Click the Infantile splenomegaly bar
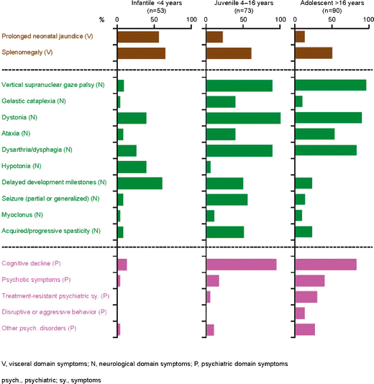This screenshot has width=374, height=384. pyautogui.click(x=141, y=53)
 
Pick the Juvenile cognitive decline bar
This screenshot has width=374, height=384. pyautogui.click(x=241, y=264)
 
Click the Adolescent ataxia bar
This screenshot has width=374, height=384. pyautogui.click(x=315, y=134)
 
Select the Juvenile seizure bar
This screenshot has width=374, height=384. pyautogui.click(x=227, y=199)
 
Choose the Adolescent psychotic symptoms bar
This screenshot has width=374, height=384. pyautogui.click(x=310, y=280)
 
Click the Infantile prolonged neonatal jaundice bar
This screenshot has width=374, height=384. pyautogui.click(x=137, y=37)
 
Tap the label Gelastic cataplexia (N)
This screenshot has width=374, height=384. pyautogui.click(x=32, y=101)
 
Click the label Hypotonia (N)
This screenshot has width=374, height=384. pyautogui.click(x=22, y=166)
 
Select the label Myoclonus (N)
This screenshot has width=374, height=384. pyautogui.click(x=23, y=215)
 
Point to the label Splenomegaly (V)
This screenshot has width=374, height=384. pyautogui.click(x=28, y=53)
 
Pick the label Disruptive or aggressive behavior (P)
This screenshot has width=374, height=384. pyautogui.click(x=54, y=312)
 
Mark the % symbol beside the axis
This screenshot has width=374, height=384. pyautogui.click(x=102, y=19)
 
